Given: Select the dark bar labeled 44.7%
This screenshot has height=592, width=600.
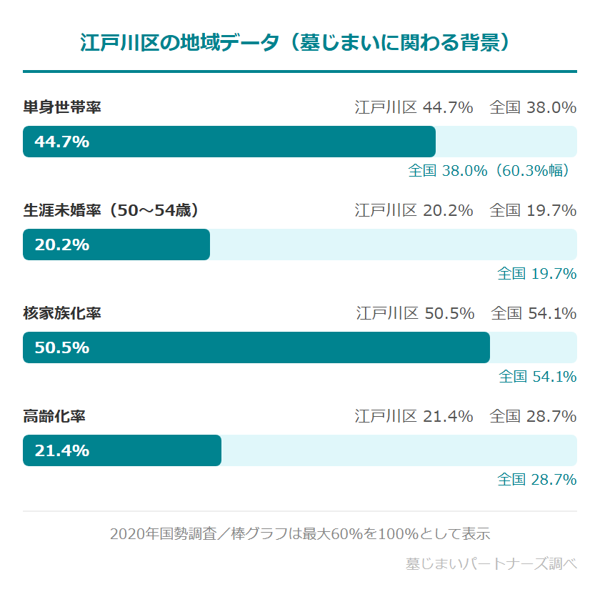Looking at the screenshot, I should coord(229,142).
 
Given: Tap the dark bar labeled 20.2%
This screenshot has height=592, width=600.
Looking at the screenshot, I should coord(116,245).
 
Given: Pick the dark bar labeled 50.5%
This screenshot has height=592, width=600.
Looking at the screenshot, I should coord(256,347).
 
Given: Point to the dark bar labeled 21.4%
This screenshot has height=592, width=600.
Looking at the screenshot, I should coord(122,450).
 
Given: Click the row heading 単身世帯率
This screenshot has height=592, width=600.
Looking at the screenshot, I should coord(61,108).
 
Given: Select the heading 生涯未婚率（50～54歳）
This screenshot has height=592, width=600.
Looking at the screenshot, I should coord(111,211).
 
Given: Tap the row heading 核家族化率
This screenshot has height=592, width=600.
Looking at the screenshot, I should coord(61,313).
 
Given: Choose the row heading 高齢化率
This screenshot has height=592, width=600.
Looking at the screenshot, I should coord(54,416).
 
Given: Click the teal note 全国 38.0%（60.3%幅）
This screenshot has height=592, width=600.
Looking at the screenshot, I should coord(492,171).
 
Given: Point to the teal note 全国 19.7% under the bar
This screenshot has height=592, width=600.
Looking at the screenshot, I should coord(536,273).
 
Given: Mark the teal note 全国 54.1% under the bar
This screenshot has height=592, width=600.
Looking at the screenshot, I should coord(537,376).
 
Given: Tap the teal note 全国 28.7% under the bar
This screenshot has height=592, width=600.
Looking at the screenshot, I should coord(536,479).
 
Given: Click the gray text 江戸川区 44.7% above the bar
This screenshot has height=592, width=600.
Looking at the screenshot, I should coord(414,108).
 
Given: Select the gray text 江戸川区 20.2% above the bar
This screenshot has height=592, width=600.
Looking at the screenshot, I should coord(414,211).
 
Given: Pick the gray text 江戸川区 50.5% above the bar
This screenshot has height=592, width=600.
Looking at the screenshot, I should coord(415,313).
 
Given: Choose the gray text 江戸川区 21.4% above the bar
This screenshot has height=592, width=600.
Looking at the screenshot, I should coord(414,416).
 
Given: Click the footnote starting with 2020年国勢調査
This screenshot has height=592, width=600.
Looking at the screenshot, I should coord(299,533).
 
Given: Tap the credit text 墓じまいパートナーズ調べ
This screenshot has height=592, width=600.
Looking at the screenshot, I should coord(491,563).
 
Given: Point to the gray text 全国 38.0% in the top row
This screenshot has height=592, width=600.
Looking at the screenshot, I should coord(533,108).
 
